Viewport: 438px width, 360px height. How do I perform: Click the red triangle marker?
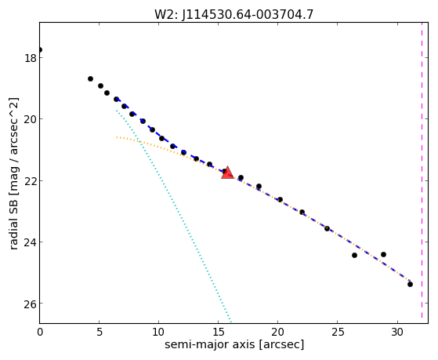point(227,173)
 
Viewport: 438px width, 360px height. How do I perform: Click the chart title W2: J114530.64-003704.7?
point(233,15)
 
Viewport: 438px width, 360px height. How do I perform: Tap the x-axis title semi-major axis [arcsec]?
point(234,344)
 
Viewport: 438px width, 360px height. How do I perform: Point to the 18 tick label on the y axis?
point(30,58)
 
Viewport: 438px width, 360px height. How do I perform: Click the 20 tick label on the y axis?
point(30,119)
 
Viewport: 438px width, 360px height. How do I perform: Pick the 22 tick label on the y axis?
point(30,181)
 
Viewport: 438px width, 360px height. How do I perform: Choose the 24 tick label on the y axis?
point(30,242)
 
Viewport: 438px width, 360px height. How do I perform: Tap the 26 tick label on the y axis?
point(30,304)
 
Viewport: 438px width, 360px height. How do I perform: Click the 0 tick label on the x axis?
point(40,332)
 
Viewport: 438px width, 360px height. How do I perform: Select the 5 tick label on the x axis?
point(100,332)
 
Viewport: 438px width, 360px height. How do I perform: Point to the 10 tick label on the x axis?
point(158,332)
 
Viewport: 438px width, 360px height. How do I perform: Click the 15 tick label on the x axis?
point(218,332)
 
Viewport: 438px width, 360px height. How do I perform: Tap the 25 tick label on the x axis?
point(337,332)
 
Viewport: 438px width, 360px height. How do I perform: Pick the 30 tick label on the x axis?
point(396,332)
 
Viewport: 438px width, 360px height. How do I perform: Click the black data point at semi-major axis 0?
point(40,49)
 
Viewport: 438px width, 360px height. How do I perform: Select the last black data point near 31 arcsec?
point(410,284)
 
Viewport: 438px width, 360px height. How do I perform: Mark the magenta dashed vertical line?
point(422,170)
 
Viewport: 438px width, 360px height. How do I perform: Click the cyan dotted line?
point(174,216)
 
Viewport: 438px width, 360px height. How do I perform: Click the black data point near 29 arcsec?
point(383,254)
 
